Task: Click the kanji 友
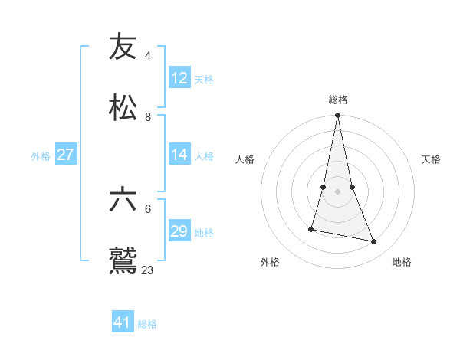(x=123, y=47)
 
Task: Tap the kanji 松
(x=123, y=108)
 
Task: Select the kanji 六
(x=123, y=200)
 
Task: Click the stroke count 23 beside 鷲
(x=147, y=270)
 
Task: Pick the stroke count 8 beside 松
(x=147, y=116)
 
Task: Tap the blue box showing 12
(x=179, y=78)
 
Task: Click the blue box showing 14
(x=179, y=155)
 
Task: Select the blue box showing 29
(x=179, y=231)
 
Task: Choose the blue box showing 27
(x=65, y=155)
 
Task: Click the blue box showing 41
(x=123, y=322)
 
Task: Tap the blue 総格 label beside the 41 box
(x=147, y=324)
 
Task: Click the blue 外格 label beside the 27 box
(x=41, y=156)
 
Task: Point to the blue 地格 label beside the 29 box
(x=204, y=233)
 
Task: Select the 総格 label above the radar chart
(x=338, y=100)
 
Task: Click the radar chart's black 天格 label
(x=431, y=159)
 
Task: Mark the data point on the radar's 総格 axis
(x=337, y=116)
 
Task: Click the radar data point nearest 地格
(x=374, y=242)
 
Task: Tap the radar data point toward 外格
(x=311, y=228)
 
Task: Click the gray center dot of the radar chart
(x=337, y=191)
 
